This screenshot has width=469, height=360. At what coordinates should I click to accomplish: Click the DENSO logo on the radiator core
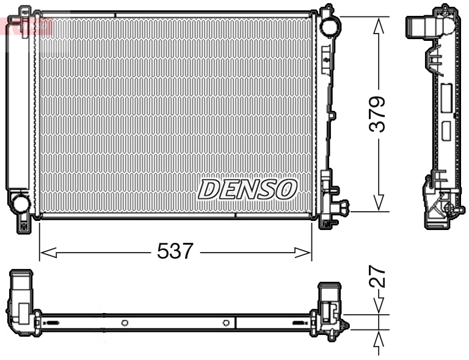pyautogui.click(x=247, y=189)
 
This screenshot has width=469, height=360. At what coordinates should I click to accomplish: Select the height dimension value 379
pyautogui.click(x=379, y=114)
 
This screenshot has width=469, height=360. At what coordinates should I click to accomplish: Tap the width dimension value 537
pyautogui.click(x=175, y=251)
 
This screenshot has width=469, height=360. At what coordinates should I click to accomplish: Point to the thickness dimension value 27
pyautogui.click(x=379, y=276)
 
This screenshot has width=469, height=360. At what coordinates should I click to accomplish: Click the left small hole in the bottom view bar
pyautogui.click(x=124, y=323)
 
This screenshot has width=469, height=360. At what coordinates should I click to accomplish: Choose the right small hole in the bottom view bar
pyautogui.click(x=226, y=323)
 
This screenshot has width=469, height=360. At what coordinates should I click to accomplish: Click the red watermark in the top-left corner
pyautogui.click(x=27, y=26)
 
